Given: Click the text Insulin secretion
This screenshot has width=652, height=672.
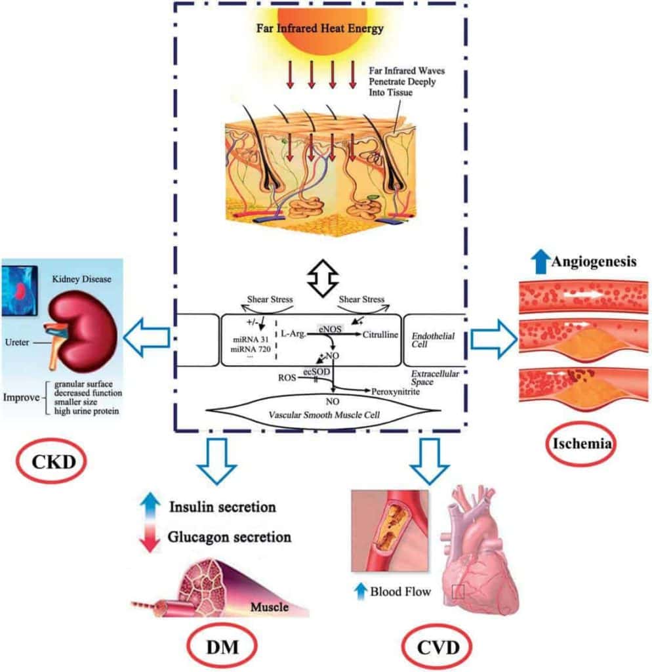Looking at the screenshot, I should [222, 507].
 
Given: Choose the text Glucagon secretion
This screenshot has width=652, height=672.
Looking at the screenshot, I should [230, 536].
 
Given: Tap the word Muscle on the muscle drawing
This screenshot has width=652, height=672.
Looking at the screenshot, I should [270, 607].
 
